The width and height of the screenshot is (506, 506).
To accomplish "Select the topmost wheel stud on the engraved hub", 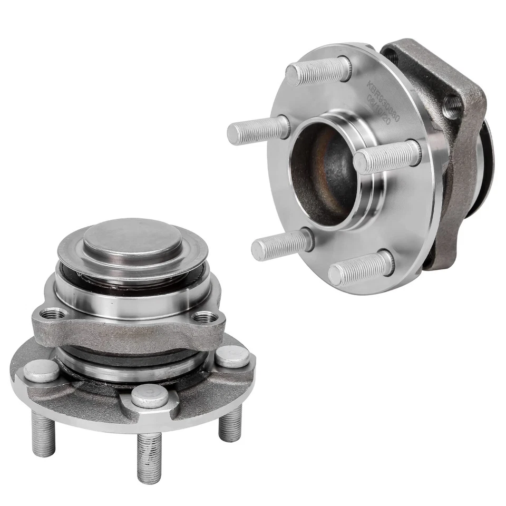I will pyautogui.click(x=318, y=72).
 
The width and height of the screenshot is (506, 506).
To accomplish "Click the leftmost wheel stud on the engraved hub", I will pyautogui.click(x=258, y=129).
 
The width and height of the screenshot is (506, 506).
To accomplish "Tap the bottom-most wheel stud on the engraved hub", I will pyautogui.click(x=361, y=269).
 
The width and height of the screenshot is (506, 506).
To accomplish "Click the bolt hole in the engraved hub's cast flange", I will pyautogui.click(x=452, y=108).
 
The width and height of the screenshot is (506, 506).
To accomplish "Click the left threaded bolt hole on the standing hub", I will pyautogui.click(x=52, y=315).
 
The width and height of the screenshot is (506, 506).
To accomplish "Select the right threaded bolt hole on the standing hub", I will pyautogui.click(x=205, y=317).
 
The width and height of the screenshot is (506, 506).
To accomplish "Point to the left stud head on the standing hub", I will pyautogui.click(x=41, y=371).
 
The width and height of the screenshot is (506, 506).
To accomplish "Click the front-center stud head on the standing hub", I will pyautogui.click(x=150, y=395).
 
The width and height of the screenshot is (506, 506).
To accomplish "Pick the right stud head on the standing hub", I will pyautogui.click(x=232, y=356).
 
